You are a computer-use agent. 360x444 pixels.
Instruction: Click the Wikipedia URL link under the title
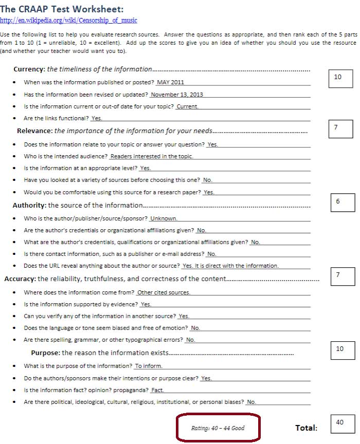pyautogui.click(x=68, y=20)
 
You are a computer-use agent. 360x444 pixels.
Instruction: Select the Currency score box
pyautogui.click(x=340, y=78)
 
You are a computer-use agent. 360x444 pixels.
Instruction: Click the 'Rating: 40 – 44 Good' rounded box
pyautogui.click(x=218, y=428)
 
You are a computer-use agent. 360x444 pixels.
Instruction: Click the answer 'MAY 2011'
pyautogui.click(x=171, y=82)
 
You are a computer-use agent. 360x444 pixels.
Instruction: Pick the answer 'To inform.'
pyautogui.click(x=149, y=366)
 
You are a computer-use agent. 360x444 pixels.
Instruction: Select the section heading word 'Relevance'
pyautogui.click(x=34, y=131)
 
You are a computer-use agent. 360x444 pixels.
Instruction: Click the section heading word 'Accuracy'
pyautogui.click(x=20, y=279)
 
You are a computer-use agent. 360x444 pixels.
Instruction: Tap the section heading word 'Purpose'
pyautogui.click(x=45, y=353)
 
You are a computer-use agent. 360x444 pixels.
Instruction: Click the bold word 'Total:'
pyautogui.click(x=306, y=428)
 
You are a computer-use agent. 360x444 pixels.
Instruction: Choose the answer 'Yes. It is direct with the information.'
pyautogui.click(x=230, y=266)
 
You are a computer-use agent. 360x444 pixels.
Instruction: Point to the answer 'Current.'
pyautogui.click(x=187, y=106)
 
